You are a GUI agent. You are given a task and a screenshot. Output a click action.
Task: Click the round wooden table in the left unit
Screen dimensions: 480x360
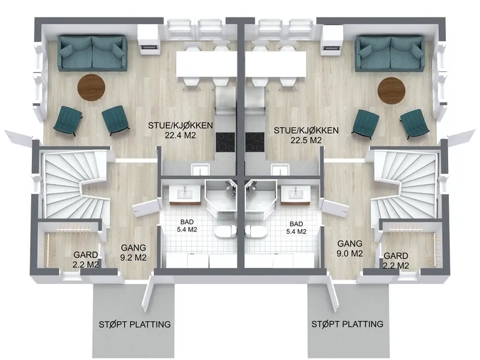click(x=91, y=88)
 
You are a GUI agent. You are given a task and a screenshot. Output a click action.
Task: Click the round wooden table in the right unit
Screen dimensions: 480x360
click(x=392, y=91)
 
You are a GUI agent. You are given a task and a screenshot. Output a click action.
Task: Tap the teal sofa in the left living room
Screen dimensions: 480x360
click(x=92, y=53)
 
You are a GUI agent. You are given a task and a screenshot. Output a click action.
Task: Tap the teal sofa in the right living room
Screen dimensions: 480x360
click(x=390, y=53)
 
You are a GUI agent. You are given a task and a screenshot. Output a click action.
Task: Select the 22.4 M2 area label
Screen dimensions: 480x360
click(x=181, y=136)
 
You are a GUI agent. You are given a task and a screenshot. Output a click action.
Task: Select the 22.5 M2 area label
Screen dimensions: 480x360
click(x=306, y=140)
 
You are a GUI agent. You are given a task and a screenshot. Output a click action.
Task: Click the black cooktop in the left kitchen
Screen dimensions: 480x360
click(x=226, y=142)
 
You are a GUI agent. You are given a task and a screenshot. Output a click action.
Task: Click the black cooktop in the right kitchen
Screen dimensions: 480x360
click(x=254, y=142)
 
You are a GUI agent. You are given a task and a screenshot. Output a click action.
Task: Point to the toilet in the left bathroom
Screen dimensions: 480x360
click(x=226, y=232)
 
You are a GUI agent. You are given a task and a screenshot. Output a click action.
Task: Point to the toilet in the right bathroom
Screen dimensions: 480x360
click(x=256, y=232)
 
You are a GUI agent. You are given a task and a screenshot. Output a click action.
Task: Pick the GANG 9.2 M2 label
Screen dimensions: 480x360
click(x=133, y=253)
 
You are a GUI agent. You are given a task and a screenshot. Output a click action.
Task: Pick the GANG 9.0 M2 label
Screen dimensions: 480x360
click(x=350, y=248)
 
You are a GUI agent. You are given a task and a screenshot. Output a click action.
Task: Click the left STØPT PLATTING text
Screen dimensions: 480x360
click(x=134, y=324)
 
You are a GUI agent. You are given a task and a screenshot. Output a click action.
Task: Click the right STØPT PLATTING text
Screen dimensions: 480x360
click(x=347, y=324)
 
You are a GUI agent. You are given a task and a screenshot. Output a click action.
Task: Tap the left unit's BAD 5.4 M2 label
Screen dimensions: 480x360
click(x=187, y=226)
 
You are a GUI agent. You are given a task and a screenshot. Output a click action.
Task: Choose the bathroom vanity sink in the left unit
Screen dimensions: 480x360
click(x=185, y=194)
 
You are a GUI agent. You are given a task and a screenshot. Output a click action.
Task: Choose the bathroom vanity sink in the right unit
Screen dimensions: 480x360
click(x=296, y=194)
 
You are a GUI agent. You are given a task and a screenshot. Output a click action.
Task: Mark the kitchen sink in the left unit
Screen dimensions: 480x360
click(x=200, y=169)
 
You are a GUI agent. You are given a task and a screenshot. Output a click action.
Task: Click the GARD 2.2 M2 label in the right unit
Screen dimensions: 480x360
click(x=396, y=260)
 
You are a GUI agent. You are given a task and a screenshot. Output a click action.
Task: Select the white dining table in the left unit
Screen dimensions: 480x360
click(x=206, y=64)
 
